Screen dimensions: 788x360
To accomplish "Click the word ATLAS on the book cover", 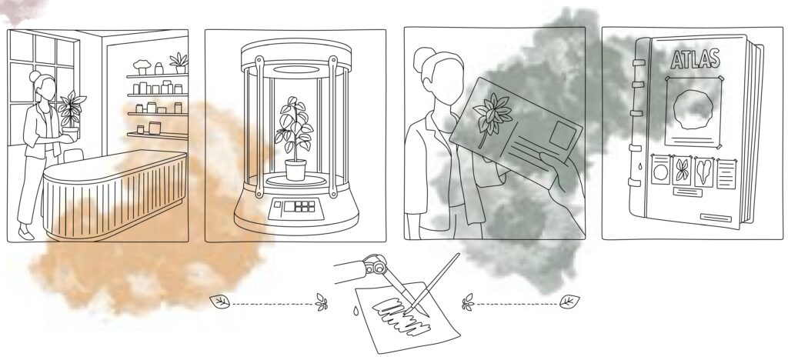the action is tap(695, 58).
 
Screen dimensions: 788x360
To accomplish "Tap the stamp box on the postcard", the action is tap(563, 135).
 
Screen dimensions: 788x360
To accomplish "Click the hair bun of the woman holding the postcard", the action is tap(422, 59).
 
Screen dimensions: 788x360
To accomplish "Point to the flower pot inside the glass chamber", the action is tap(295, 170).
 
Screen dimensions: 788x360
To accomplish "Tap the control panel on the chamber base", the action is tap(296, 208).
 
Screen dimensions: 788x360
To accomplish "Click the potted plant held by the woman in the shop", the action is tap(70, 116).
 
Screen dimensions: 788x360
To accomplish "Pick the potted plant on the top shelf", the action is tap(179, 63).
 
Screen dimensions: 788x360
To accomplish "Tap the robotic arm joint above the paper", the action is tap(375, 264).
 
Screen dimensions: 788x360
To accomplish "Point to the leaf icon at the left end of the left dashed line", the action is tap(219, 302).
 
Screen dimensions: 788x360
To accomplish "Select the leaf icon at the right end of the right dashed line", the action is tap(569, 302).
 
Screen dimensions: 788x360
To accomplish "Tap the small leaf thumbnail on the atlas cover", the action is tap(682, 171).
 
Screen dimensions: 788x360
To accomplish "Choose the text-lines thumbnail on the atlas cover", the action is tap(726, 174).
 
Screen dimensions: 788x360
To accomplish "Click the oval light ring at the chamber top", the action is tap(296, 69).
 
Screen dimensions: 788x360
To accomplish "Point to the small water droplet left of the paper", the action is tap(356, 311).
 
